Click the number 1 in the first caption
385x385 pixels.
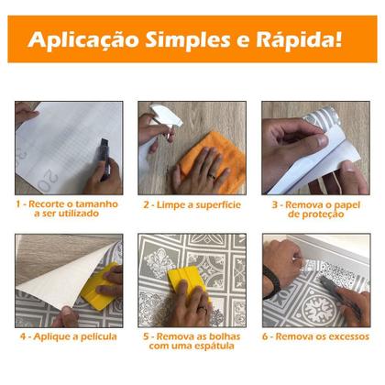point(18,203)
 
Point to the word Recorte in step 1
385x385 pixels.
point(49,203)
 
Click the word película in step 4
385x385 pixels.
point(96,337)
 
